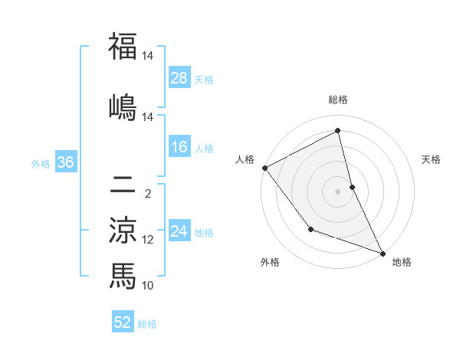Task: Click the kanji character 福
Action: coord(123,47)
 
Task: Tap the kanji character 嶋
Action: coord(123,106)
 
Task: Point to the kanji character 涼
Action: coord(123,230)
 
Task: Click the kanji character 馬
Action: coord(123,275)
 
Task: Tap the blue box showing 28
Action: coord(179,78)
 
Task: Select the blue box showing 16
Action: coord(179,148)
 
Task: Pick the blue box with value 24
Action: coord(179,232)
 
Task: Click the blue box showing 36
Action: coord(65,162)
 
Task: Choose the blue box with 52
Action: coord(123,322)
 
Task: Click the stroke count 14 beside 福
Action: coord(148,56)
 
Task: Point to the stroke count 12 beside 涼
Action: coord(148,240)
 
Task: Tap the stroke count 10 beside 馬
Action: coord(148,286)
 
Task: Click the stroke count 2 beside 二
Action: coord(148,194)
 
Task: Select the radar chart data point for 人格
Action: coord(264,168)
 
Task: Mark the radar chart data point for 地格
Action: coord(383,253)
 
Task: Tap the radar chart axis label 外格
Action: coord(270,263)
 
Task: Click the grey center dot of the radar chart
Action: coord(338,191)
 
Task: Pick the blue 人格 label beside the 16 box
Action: coord(204,149)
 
